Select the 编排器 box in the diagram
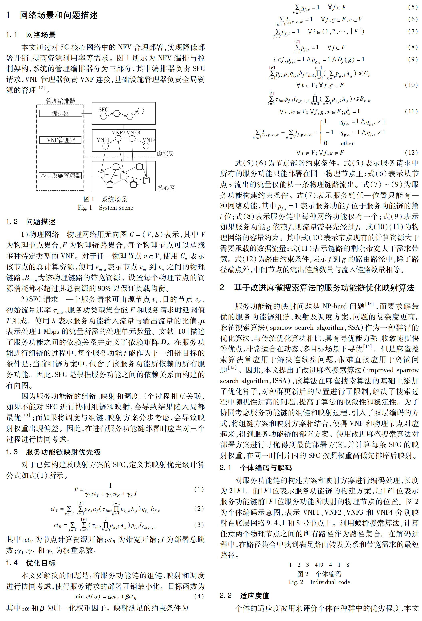[x=61, y=113]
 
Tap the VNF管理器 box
[x=61, y=140]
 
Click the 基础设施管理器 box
[x=61, y=176]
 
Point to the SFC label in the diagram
[x=103, y=109]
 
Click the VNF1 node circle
[x=105, y=146]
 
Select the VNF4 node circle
[x=146, y=146]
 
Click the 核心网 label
[x=166, y=188]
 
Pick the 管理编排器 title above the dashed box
[x=61, y=101]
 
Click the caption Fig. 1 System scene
[x=105, y=208]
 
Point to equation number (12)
[x=411, y=153]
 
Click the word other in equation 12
[x=347, y=143]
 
